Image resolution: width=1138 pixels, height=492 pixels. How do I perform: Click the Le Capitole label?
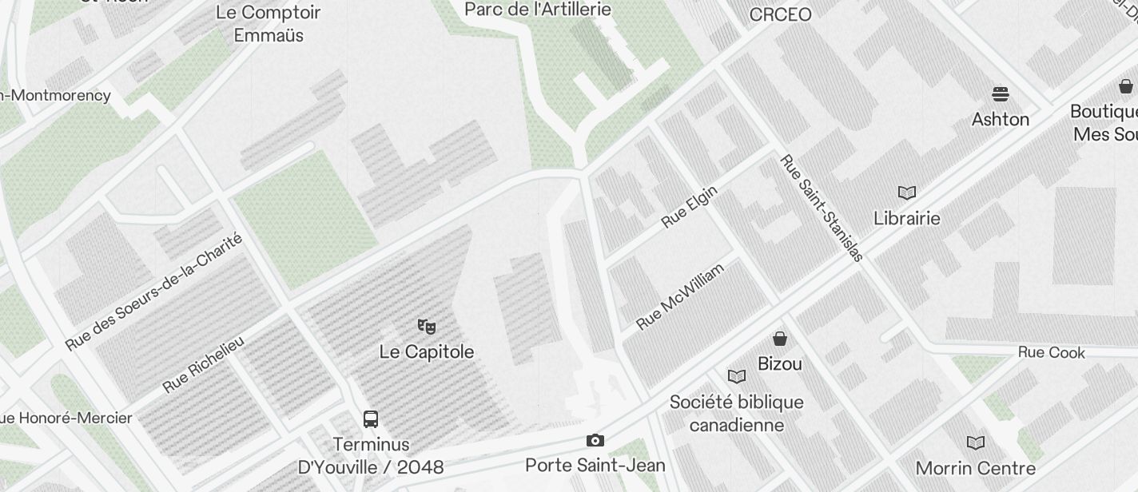pos(427,352)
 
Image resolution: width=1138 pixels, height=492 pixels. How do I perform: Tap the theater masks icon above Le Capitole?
pos(427,326)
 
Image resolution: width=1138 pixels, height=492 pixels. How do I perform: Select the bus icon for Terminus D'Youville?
pos(371,419)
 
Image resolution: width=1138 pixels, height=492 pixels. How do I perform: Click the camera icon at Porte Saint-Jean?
pos(595,440)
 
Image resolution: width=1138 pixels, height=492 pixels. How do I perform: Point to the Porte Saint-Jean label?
pos(595,464)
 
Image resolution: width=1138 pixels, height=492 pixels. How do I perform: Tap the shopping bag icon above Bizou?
pos(780,339)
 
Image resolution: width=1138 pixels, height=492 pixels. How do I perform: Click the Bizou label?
pos(780,364)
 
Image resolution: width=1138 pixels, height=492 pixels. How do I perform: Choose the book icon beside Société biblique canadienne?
pos(737,376)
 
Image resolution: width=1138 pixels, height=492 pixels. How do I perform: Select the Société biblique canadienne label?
pos(737,413)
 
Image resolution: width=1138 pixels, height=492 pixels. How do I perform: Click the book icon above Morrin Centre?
pos(976,442)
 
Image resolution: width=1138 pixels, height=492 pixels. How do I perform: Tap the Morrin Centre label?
pos(976,468)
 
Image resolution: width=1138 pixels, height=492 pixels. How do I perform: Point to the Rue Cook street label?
pos(1052,352)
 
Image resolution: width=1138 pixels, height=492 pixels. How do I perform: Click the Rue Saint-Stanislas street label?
pos(822,208)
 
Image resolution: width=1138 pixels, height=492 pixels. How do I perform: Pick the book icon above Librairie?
pos(907,192)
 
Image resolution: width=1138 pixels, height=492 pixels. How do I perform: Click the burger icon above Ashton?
pos(1001,94)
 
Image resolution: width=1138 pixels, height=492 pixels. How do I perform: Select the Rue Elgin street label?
pos(690,207)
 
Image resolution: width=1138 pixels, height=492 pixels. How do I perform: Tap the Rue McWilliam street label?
pos(680,296)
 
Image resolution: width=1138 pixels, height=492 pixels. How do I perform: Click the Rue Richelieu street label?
pos(204,364)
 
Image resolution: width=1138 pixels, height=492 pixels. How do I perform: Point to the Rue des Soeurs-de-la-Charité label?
pos(153,292)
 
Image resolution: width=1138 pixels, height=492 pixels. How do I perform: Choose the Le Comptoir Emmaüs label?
pos(269,24)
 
